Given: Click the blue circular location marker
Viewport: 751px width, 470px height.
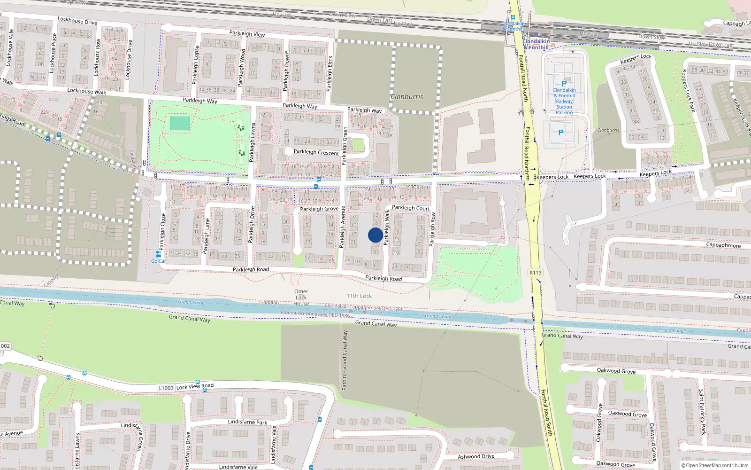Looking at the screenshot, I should coord(375,235).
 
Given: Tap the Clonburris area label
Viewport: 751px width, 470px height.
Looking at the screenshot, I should coord(406,97).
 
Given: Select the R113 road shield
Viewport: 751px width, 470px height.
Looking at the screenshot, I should coord(535,273).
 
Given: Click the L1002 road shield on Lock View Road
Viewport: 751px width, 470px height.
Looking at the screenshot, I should coord(166,388).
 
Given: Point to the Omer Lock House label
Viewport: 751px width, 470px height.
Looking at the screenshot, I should coord(301,298).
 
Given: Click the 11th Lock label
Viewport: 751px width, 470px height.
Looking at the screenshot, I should coord(359,296).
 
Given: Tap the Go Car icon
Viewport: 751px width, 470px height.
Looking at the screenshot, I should coord(158,256).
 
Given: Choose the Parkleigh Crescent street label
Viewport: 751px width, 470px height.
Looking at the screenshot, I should coord(316,152).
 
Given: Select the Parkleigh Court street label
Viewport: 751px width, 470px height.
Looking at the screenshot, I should coord(411,208).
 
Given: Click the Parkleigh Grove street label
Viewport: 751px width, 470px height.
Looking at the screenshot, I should coord(319,209).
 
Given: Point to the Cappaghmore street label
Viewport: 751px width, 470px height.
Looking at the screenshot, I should coord(723,245).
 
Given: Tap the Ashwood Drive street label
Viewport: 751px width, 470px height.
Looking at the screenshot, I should coord(476,456).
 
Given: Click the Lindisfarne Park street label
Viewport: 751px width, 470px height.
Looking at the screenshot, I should coord(247,422).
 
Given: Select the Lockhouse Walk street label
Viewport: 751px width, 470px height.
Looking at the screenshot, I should coord(86,91).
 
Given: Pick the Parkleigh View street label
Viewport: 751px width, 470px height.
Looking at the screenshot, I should coord(247,33).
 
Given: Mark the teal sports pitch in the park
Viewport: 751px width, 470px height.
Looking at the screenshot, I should coord(180,124).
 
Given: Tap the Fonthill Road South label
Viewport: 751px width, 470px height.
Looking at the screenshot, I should coord(546,413).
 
